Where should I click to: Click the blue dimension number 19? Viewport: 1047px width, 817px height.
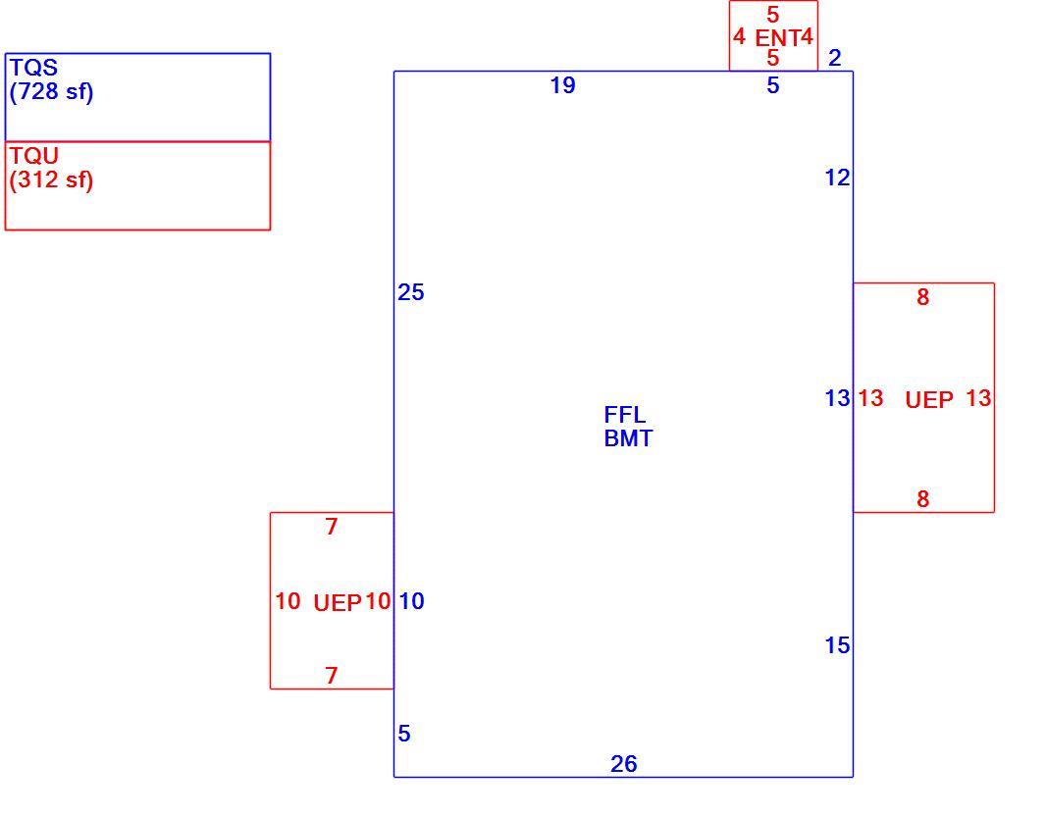(563, 85)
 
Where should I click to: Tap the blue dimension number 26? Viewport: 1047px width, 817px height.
(624, 764)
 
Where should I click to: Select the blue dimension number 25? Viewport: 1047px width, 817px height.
(410, 292)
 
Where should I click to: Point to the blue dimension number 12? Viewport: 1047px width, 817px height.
(837, 178)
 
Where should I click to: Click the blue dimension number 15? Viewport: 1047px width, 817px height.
(837, 645)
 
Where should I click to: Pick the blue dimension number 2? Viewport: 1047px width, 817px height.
(835, 58)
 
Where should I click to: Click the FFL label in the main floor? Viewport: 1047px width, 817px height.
(625, 415)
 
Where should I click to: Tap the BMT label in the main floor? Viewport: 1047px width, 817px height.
(628, 438)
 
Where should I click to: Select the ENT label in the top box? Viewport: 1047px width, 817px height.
(777, 37)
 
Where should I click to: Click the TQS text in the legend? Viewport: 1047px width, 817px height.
(34, 68)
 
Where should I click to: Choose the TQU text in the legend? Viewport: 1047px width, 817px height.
(34, 156)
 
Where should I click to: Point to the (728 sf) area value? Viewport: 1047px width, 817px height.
(51, 91)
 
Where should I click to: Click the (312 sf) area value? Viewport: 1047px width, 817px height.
(51, 179)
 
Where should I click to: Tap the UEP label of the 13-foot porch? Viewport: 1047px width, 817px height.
(929, 400)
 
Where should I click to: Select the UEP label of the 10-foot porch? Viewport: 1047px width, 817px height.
(338, 603)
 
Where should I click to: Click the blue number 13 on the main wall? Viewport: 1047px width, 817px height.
(837, 398)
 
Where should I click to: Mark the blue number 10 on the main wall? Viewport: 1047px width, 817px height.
(411, 601)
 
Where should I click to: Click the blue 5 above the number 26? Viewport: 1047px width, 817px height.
(404, 734)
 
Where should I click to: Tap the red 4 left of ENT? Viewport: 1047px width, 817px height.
(739, 36)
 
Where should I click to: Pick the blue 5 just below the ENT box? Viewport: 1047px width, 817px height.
(772, 85)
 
